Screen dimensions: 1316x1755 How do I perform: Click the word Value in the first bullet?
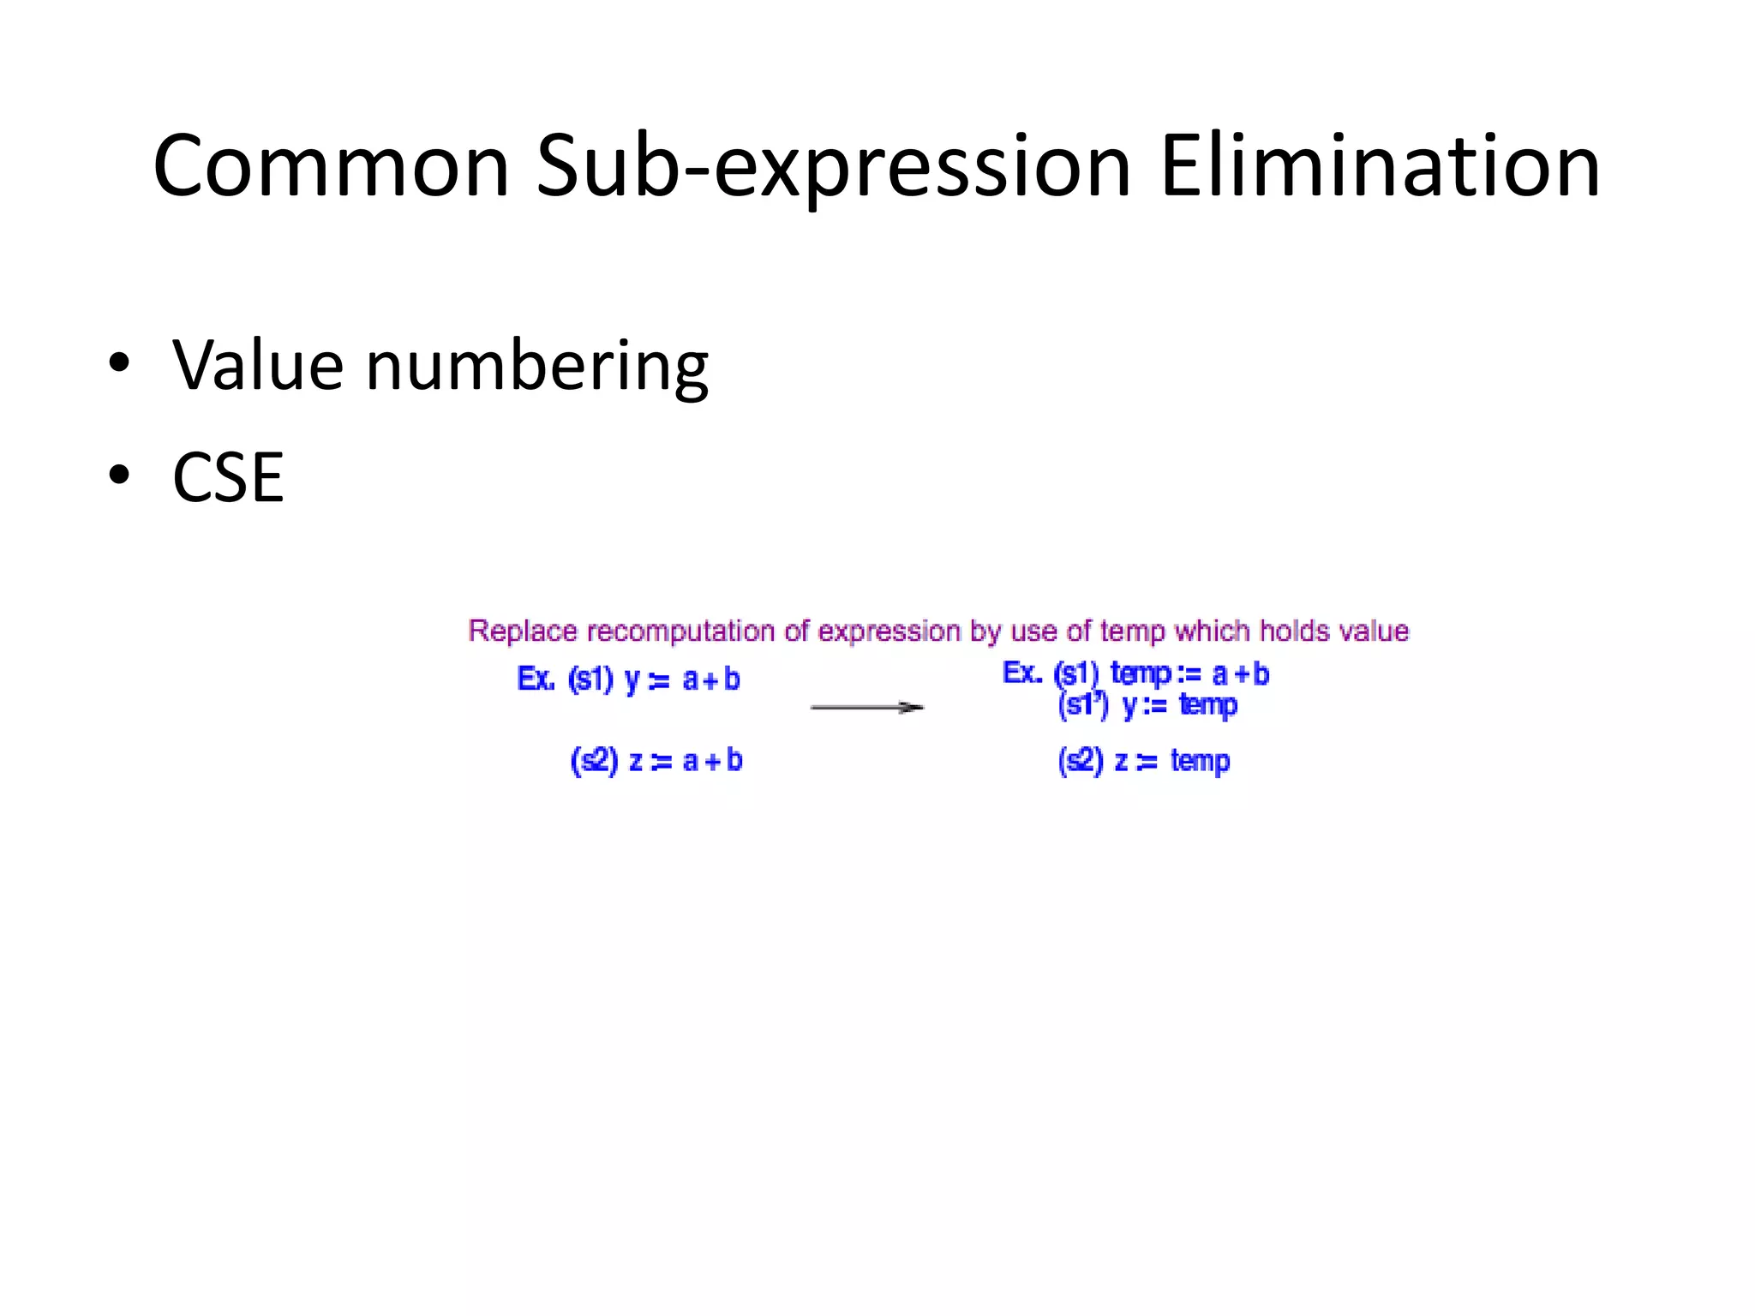click(258, 366)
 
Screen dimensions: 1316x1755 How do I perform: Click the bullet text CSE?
click(228, 478)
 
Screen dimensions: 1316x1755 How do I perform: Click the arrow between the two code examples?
click(866, 708)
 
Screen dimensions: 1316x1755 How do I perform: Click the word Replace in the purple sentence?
click(523, 631)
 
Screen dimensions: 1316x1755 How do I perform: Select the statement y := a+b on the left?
click(682, 680)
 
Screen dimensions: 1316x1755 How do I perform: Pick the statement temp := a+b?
click(1189, 674)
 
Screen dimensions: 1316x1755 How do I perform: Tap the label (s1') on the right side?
click(1083, 705)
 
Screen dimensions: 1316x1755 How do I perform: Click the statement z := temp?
click(1172, 761)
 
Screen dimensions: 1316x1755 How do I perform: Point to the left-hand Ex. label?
click(536, 679)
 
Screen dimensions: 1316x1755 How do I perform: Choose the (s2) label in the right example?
click(1081, 761)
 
